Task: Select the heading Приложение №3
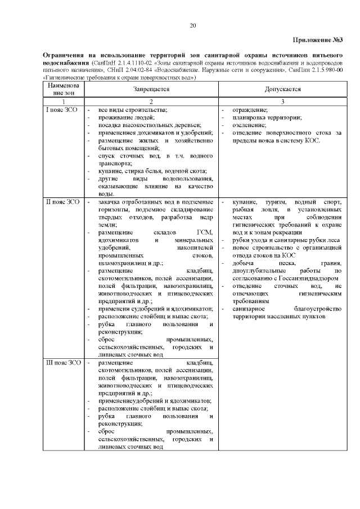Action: click(318, 39)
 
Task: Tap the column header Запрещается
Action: click(151, 89)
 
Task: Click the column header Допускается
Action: click(282, 89)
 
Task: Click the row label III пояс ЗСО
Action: click(63, 363)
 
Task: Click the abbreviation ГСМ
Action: click(204, 232)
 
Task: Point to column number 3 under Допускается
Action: click(282, 100)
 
